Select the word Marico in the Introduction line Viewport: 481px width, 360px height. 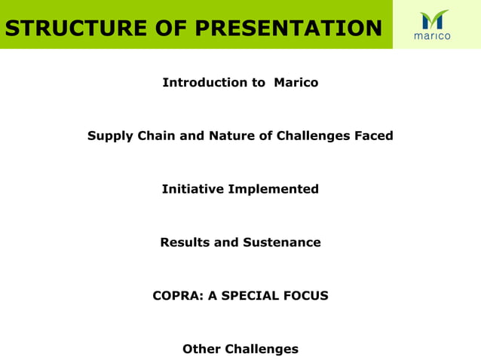[x=296, y=82]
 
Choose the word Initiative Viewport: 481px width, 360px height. [x=192, y=189]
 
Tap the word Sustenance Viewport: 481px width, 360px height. [x=282, y=243]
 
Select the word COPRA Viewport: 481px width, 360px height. [x=178, y=296]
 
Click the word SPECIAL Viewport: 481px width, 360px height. [x=251, y=296]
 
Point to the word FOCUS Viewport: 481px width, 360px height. [x=307, y=296]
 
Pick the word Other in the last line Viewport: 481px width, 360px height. [x=201, y=349]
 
